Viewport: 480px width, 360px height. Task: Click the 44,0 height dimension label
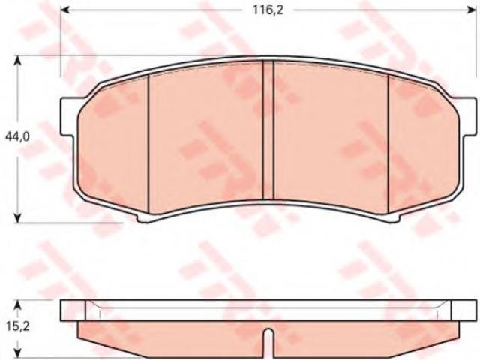tap(17, 136)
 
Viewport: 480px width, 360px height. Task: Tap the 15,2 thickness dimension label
tap(18, 327)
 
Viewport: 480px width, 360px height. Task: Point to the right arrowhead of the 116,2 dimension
tap(471, 10)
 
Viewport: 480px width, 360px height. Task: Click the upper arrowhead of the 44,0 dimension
tap(18, 61)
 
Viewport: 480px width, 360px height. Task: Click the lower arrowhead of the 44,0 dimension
tap(18, 217)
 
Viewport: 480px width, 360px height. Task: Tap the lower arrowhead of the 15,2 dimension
tap(18, 355)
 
